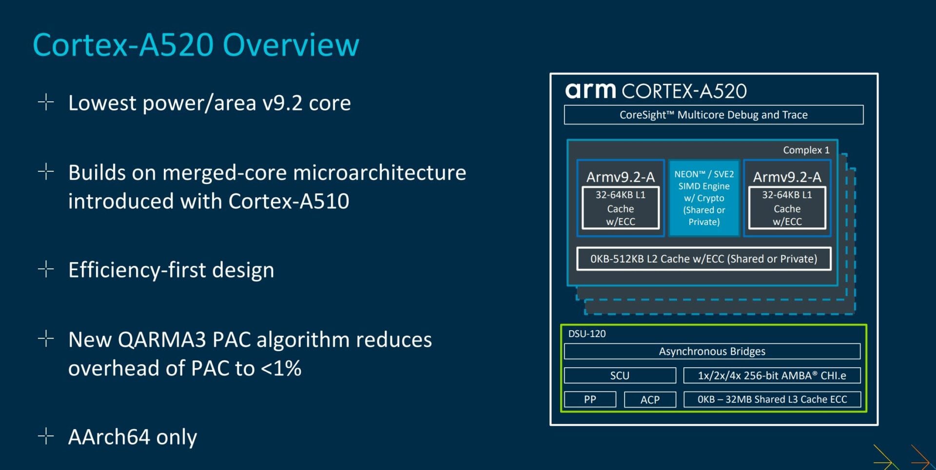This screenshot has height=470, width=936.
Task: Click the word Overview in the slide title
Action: click(291, 45)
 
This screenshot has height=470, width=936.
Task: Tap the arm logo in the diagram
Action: click(590, 90)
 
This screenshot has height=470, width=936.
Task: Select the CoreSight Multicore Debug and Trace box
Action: click(713, 115)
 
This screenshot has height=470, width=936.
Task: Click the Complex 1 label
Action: click(806, 150)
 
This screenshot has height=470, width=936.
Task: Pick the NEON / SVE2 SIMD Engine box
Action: click(704, 198)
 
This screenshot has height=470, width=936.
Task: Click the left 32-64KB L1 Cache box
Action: click(620, 208)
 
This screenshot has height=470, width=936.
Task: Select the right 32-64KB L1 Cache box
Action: click(787, 208)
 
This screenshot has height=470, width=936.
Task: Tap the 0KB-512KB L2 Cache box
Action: click(703, 259)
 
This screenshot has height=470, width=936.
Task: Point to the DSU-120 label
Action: click(586, 334)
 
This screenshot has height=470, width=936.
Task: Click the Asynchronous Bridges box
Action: click(712, 351)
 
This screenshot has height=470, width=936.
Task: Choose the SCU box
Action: click(620, 376)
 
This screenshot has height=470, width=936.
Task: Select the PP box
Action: click(590, 399)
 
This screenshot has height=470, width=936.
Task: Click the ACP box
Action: click(650, 399)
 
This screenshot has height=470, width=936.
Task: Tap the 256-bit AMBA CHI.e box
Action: click(772, 376)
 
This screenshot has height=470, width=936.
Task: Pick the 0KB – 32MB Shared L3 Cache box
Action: click(772, 399)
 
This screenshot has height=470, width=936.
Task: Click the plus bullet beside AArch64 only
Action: click(46, 436)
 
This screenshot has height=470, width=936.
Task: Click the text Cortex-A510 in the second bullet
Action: click(289, 201)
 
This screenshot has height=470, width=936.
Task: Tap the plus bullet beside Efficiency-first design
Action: click(46, 269)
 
